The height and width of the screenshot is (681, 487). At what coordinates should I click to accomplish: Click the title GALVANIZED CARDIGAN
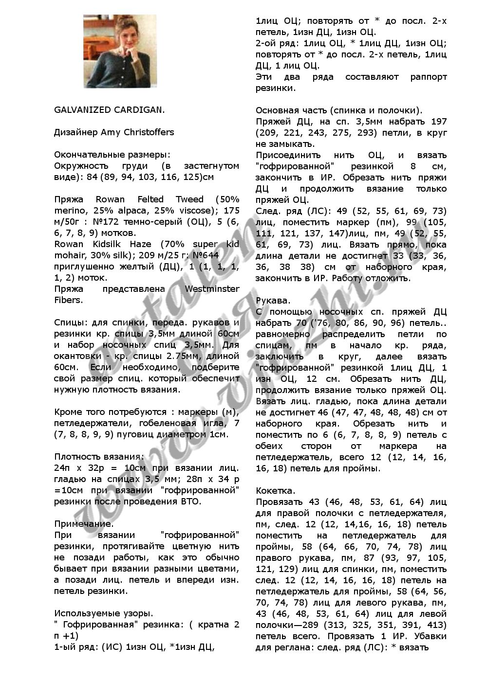[x=109, y=109]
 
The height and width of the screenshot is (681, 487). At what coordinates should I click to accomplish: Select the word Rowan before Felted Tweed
[x=110, y=199]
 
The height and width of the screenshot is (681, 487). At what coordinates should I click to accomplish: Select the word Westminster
[x=212, y=289]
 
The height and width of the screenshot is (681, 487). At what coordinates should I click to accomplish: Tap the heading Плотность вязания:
[x=99, y=457]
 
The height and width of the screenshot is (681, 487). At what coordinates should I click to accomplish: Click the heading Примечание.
[x=84, y=524]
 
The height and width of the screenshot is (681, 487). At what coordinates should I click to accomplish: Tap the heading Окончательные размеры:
[x=112, y=155]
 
